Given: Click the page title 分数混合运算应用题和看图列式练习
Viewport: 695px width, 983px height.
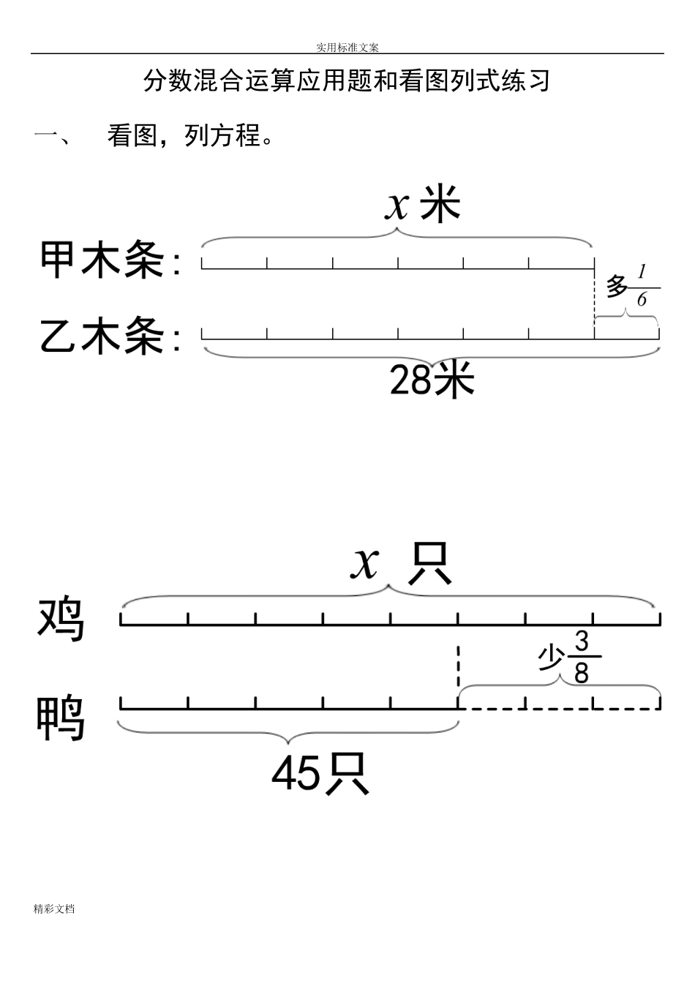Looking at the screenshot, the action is (x=347, y=80).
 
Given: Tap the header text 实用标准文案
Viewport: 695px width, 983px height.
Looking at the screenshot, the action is (x=347, y=48).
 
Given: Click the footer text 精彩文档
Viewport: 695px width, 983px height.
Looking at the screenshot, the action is (x=54, y=909).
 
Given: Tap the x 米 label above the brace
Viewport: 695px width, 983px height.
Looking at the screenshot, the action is (x=423, y=205).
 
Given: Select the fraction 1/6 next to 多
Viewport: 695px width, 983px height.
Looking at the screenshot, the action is (x=643, y=286).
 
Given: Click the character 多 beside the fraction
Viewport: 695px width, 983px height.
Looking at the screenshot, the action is (x=617, y=286).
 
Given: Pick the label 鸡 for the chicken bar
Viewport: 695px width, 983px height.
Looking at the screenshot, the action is (x=61, y=619).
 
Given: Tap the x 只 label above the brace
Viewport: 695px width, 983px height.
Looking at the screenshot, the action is (x=400, y=564).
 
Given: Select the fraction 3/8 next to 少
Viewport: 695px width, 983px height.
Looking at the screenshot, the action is (x=582, y=657).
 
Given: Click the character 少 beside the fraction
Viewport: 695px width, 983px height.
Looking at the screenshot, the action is (x=552, y=658).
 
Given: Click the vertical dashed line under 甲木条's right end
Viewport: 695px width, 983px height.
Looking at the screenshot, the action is (x=595, y=297).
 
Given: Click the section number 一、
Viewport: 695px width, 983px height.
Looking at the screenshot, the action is (x=51, y=137).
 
